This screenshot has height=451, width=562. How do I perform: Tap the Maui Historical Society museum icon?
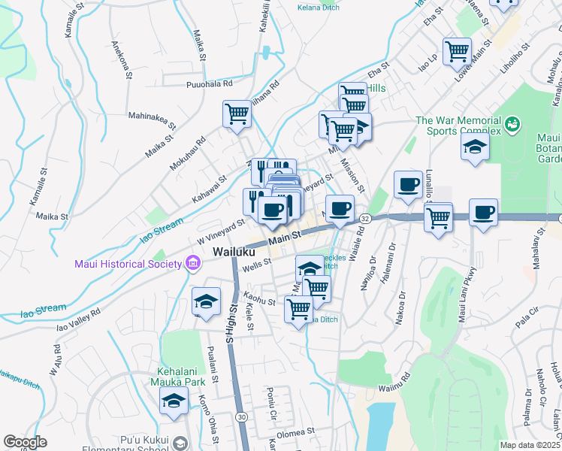(193, 263)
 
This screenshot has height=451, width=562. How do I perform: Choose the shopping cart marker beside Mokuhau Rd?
(237, 114)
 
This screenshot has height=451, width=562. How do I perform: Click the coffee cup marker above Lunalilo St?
(408, 185)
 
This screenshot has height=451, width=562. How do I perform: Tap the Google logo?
(25, 442)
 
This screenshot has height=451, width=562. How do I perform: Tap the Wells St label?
(255, 266)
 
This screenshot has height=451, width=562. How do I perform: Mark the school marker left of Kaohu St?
(206, 302)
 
